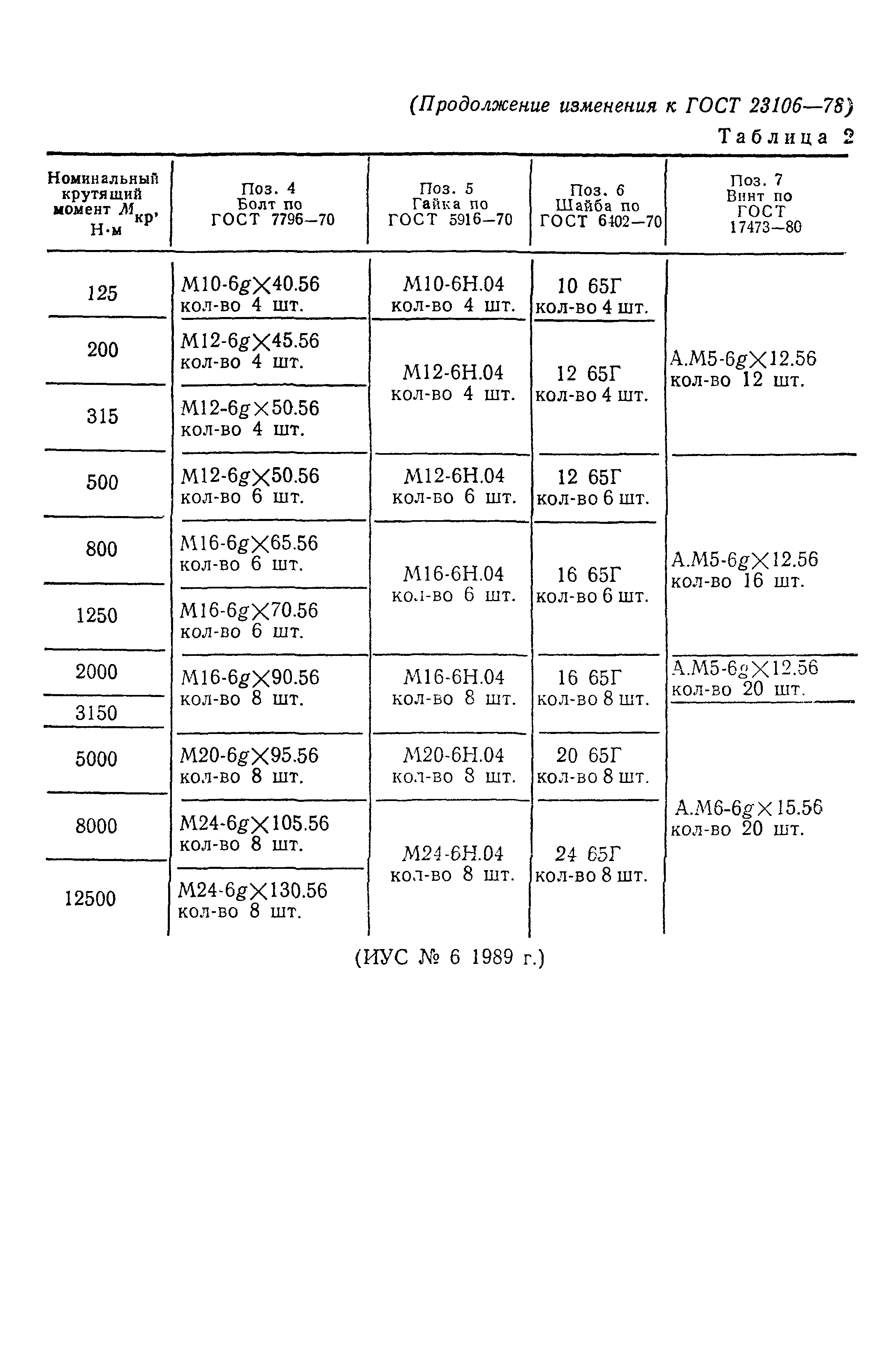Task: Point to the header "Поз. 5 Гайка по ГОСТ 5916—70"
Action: (x=450, y=204)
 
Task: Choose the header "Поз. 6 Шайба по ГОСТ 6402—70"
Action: (x=598, y=206)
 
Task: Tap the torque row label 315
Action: (x=102, y=416)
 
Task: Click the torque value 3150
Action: (x=97, y=713)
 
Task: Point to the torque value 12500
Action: (x=90, y=898)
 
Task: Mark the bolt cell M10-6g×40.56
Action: (x=250, y=285)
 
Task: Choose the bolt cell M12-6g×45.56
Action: (x=250, y=341)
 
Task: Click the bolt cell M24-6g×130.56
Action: (x=252, y=891)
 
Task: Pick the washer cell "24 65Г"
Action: (x=588, y=854)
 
